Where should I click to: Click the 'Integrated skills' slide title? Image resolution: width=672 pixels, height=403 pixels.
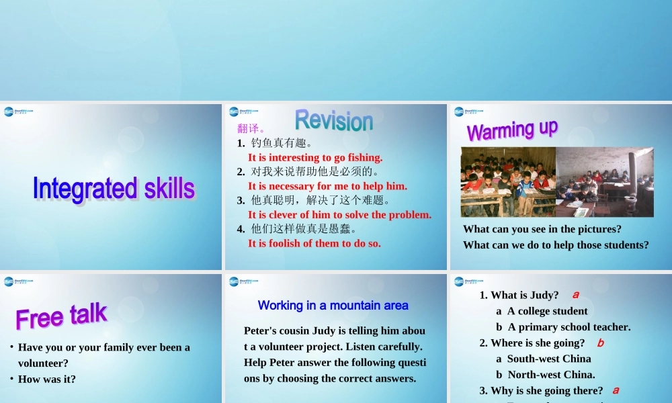[114, 189]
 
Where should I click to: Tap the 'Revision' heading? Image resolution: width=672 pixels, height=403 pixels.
[333, 120]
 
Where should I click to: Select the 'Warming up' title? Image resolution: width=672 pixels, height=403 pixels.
[512, 130]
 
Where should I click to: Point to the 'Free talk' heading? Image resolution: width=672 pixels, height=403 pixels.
[61, 315]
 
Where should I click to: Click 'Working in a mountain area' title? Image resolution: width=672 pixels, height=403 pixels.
[333, 306]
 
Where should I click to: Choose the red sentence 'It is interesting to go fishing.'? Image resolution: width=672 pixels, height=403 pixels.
[315, 158]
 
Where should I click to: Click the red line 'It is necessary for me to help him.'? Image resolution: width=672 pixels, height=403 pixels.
[327, 186]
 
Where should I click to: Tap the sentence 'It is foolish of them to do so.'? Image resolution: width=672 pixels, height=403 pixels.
[314, 243]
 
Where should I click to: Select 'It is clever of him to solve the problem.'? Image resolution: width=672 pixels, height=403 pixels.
[339, 215]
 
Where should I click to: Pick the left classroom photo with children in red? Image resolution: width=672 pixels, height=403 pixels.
[507, 182]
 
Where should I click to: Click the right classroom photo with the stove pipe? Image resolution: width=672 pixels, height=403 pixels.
[604, 182]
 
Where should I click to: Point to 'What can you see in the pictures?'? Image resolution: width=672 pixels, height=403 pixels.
[542, 229]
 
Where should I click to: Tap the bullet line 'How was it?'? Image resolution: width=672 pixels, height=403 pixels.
[46, 379]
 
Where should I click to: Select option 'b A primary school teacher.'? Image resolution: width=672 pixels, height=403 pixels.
[563, 327]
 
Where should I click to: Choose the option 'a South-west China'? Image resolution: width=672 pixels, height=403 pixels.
[544, 359]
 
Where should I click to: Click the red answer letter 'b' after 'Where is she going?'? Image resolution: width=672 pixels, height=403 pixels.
[601, 343]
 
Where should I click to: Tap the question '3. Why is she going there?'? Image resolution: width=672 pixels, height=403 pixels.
[541, 391]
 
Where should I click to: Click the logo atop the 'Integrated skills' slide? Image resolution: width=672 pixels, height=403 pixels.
[18, 112]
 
